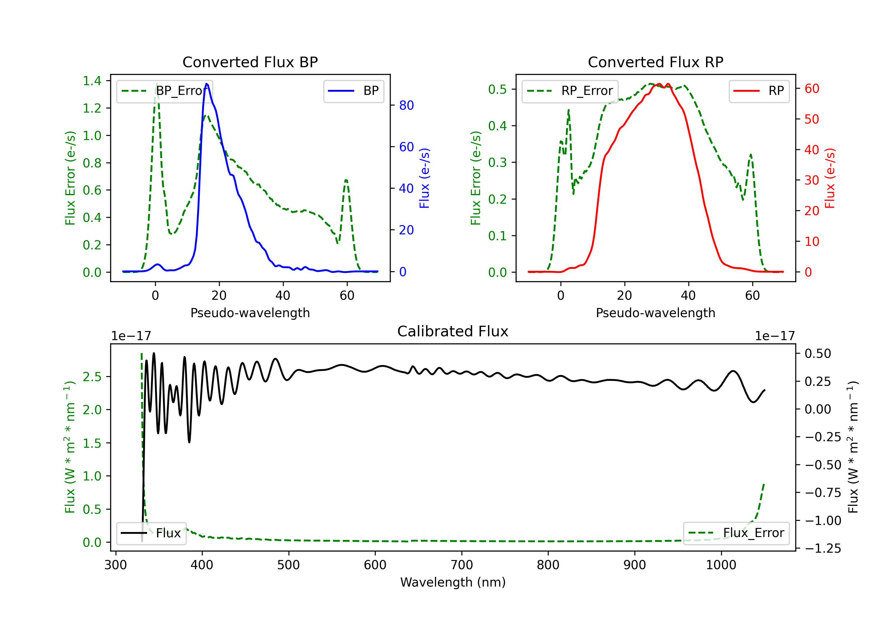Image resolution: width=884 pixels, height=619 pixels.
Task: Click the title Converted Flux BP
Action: pos(250,62)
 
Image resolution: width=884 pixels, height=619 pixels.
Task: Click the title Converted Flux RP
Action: pos(655,62)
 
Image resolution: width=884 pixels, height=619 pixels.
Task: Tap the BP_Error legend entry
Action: pos(164,91)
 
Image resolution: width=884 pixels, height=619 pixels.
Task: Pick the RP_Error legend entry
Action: pos(570,91)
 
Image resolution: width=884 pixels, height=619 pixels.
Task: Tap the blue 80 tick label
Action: pos(406,105)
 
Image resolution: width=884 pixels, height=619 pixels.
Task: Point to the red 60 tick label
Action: pos(812,89)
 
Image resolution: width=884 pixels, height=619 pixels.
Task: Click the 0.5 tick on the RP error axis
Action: pos(497,89)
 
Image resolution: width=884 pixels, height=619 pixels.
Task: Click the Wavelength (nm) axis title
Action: pos(453,582)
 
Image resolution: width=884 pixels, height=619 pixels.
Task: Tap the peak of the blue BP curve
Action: pos(207,84)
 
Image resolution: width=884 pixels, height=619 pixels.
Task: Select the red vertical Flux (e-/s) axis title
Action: pos(830,178)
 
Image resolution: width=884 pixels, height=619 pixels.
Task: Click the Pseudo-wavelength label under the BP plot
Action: pos(250,313)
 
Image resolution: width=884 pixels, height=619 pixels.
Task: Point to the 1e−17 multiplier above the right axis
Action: pos(775,336)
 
